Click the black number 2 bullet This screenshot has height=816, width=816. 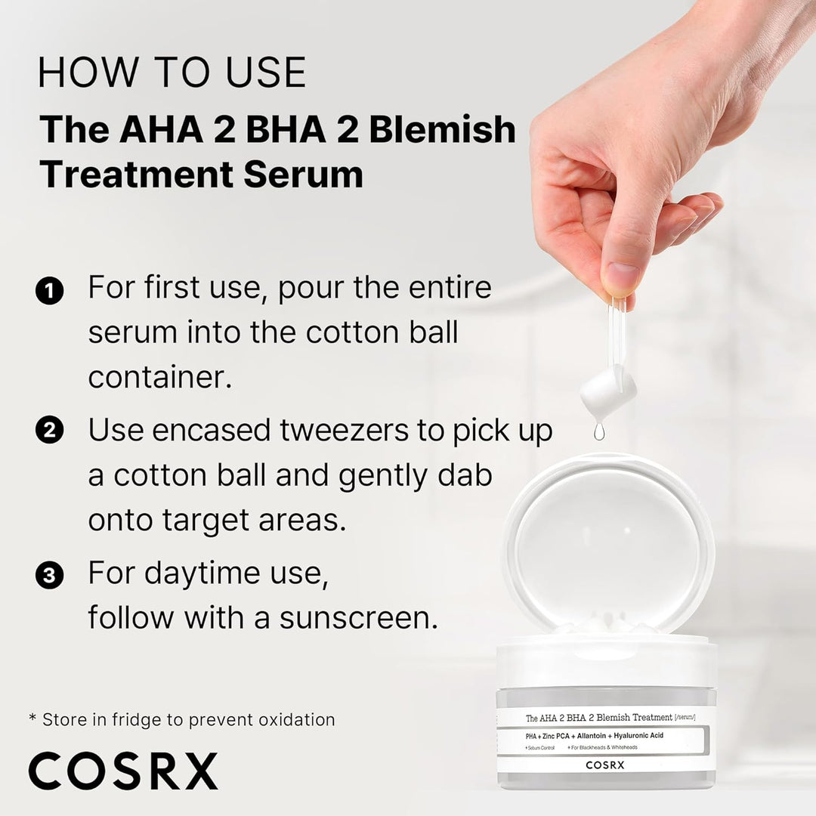[x=50, y=431]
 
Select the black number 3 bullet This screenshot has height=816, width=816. [x=50, y=576]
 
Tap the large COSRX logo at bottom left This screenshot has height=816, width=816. [x=123, y=771]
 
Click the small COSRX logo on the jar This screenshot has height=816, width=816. [x=605, y=764]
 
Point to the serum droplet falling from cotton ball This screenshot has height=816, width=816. [x=599, y=431]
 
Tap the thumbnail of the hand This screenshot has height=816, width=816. [x=620, y=276]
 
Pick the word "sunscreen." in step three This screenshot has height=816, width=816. [x=358, y=617]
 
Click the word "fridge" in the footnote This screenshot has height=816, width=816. [x=160, y=719]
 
